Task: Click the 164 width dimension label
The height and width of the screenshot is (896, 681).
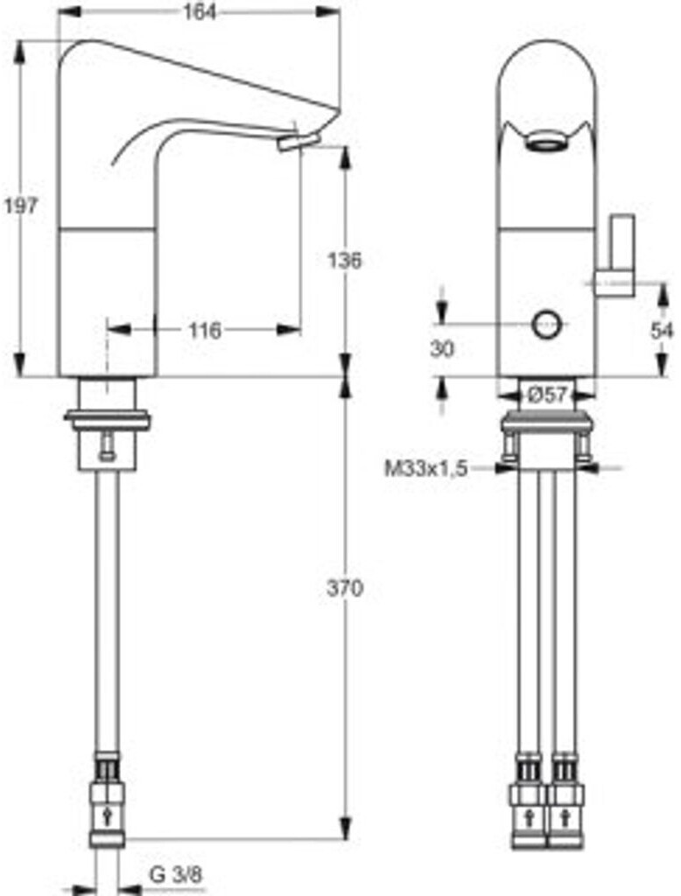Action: [200, 12]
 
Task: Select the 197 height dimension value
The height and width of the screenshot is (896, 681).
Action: [21, 205]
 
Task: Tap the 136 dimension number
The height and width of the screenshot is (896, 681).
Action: [344, 261]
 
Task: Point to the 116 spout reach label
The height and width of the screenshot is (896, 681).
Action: [205, 330]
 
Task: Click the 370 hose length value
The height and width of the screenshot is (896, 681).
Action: [344, 588]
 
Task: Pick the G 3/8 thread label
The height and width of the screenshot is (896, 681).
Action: [176, 874]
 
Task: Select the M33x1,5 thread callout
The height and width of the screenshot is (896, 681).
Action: [426, 469]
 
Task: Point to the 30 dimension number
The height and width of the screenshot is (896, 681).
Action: [442, 348]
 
